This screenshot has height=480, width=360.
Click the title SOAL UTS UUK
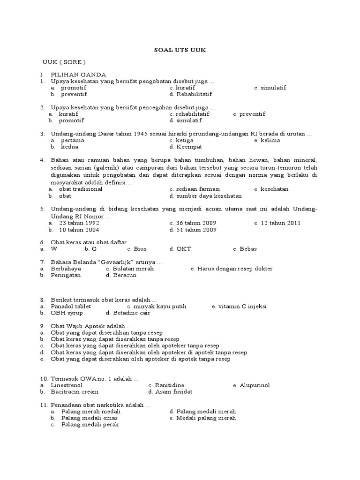coord(180,50)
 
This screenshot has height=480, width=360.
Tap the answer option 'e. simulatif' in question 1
coord(270,88)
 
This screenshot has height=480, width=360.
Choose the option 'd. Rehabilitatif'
coord(191,94)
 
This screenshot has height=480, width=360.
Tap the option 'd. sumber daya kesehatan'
coord(206,196)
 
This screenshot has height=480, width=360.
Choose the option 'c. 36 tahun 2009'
coord(193,223)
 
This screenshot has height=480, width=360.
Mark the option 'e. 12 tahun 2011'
coord(277,223)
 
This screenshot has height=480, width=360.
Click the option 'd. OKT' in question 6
coord(180,249)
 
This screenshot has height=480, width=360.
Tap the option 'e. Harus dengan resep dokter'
coord(232,269)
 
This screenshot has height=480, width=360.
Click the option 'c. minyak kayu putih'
coord(157,306)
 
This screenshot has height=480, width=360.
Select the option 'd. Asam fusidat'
coord(170,392)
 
